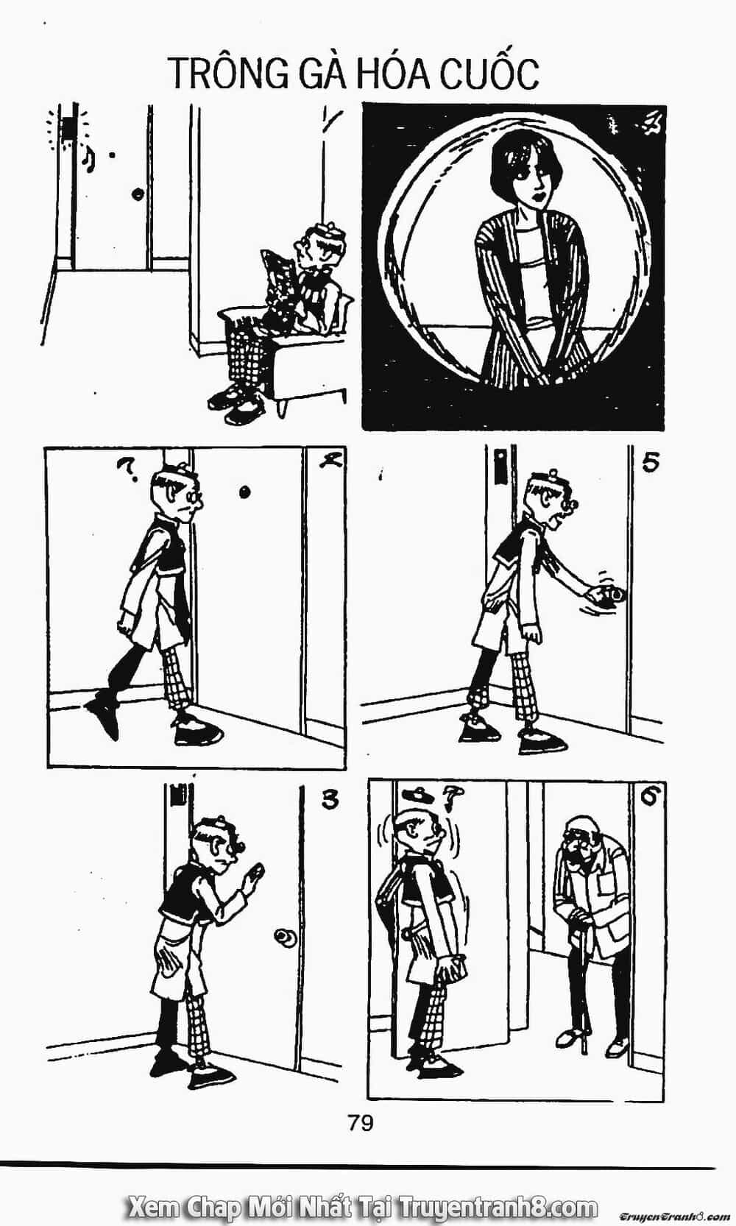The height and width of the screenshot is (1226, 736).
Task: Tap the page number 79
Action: (359, 1122)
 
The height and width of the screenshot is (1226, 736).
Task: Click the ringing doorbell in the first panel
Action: (68, 128)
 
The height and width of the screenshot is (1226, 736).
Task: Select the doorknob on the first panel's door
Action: (137, 194)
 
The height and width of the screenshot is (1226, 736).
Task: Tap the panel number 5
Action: (650, 463)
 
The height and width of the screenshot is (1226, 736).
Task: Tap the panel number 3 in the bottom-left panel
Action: (330, 801)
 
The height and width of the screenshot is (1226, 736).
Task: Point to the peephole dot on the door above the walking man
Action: (244, 492)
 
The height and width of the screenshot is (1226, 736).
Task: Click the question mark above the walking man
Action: (127, 469)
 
